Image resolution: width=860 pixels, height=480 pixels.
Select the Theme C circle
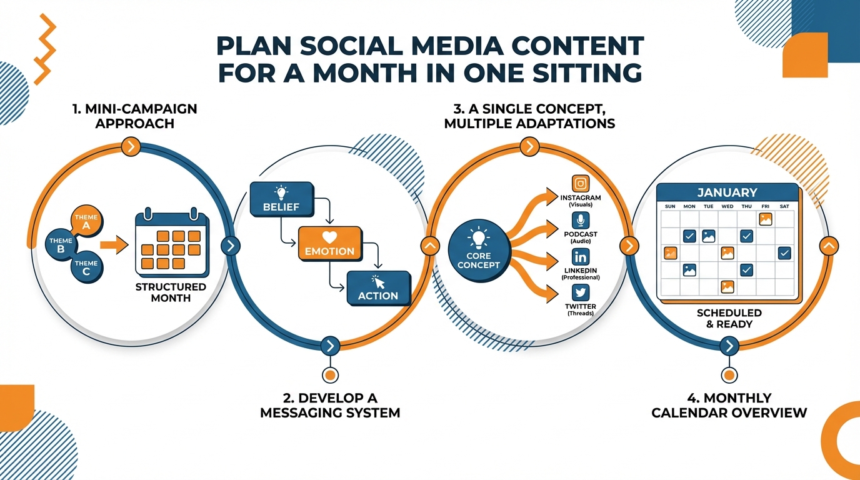pyautogui.click(x=86, y=267)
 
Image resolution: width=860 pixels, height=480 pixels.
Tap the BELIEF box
pyautogui.click(x=281, y=199)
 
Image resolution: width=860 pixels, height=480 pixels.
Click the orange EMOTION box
pyautogui.click(x=329, y=244)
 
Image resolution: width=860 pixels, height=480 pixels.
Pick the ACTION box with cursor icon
pyautogui.click(x=378, y=289)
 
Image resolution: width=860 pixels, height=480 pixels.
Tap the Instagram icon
pyautogui.click(x=581, y=184)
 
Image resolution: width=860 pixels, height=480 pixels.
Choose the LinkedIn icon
pyautogui.click(x=581, y=257)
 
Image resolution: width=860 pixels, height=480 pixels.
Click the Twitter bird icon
pyautogui.click(x=581, y=292)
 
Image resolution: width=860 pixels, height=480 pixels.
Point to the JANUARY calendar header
pyautogui.click(x=727, y=192)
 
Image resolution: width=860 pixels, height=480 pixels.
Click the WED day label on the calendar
pyautogui.click(x=727, y=206)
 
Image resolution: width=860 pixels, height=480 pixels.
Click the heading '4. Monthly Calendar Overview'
pyautogui.click(x=729, y=406)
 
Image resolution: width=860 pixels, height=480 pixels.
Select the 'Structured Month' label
pyautogui.click(x=171, y=292)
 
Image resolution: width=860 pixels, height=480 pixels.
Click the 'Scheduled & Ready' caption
pyautogui.click(x=729, y=318)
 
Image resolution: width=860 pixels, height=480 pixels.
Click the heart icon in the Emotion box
pyautogui.click(x=329, y=237)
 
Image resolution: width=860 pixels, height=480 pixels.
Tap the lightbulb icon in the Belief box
pyautogui.click(x=281, y=192)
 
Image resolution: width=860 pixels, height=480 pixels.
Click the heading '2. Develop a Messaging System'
pyautogui.click(x=330, y=406)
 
